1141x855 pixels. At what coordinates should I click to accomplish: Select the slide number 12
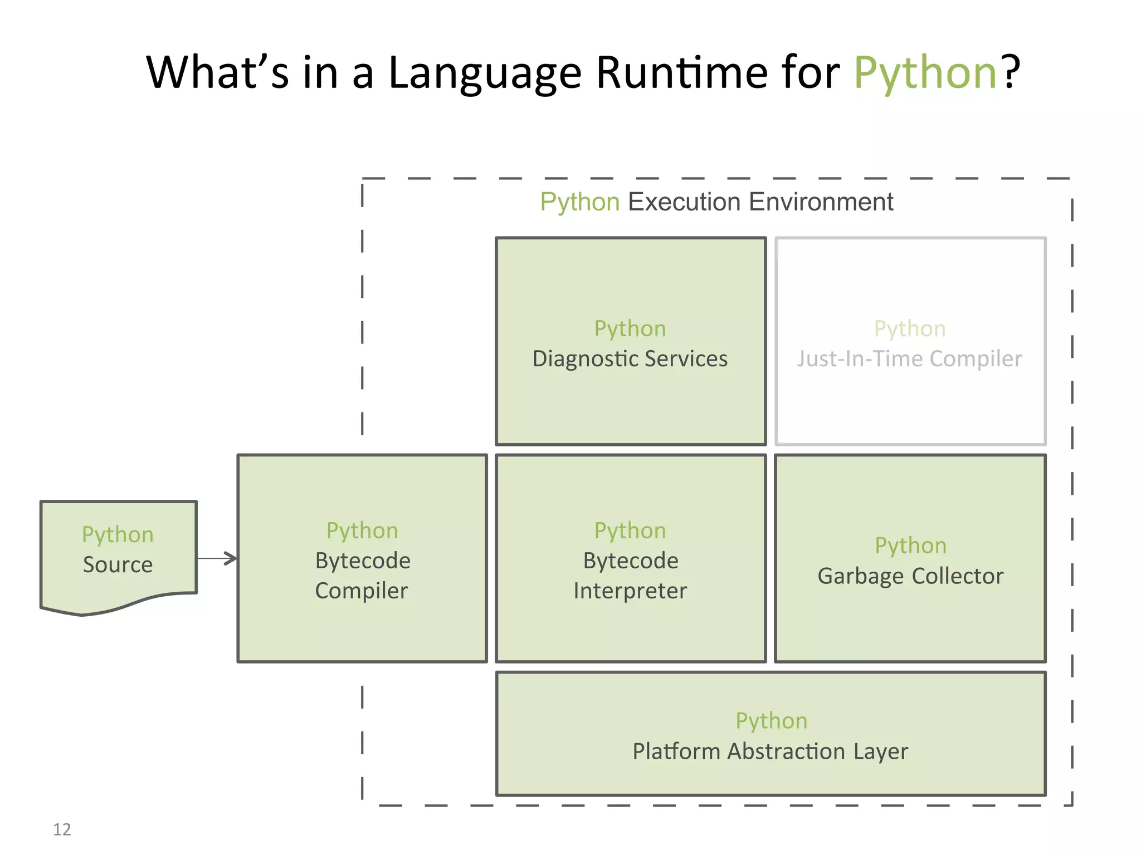click(62, 829)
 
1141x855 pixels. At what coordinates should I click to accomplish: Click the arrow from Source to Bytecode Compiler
click(217, 558)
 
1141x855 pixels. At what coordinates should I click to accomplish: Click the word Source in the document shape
click(118, 564)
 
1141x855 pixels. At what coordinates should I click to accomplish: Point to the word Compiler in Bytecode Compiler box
click(362, 591)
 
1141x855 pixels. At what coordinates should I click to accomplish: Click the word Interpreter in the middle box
click(630, 591)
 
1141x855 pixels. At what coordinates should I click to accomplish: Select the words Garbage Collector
click(910, 576)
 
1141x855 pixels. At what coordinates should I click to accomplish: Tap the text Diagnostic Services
click(630, 359)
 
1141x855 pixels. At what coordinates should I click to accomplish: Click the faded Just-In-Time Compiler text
click(909, 359)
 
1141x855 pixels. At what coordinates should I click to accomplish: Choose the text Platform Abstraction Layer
click(770, 751)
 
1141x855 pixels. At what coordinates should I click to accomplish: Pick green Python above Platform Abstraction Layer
click(771, 721)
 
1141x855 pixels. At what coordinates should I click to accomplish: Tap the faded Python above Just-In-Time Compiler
click(910, 329)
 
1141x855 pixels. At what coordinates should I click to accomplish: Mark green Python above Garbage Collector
click(910, 546)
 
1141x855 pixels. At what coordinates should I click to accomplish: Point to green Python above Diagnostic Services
click(630, 329)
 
